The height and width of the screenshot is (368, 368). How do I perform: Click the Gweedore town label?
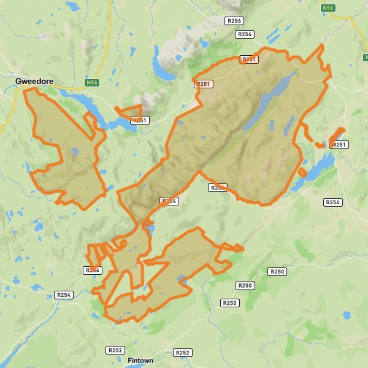click(38, 80)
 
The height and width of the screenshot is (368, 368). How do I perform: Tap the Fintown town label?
click(140, 361)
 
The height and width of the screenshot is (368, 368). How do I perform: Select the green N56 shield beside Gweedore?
click(92, 82)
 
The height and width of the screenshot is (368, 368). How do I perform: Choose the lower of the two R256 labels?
click(245, 34)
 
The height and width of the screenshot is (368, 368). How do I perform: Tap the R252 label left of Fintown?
click(115, 350)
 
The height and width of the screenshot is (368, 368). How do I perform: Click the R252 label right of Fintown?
click(183, 353)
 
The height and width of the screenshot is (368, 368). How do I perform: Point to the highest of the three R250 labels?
click(277, 271)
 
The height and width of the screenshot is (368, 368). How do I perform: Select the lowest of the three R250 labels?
click(229, 303)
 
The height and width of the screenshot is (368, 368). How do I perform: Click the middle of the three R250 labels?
click(245, 286)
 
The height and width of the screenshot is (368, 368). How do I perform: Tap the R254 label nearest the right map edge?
click(332, 202)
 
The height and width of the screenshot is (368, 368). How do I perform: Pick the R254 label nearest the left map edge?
click(64, 295)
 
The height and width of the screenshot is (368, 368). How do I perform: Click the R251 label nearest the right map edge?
click(339, 145)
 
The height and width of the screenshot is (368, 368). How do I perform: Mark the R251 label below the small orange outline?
click(140, 120)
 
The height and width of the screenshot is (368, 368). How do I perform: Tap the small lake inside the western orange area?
click(75, 150)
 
